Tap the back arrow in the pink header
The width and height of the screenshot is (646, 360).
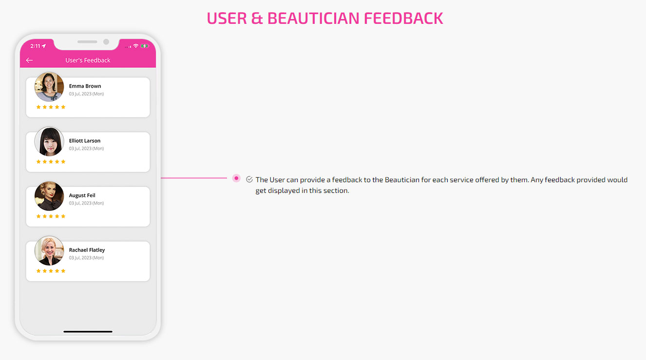click(x=29, y=60)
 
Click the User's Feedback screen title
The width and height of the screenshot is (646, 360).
click(x=88, y=60)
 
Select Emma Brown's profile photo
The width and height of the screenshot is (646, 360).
click(x=49, y=87)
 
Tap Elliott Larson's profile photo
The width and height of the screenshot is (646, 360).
click(x=49, y=141)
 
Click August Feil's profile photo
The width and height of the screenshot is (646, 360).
click(x=49, y=196)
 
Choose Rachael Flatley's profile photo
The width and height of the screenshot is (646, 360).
click(x=49, y=251)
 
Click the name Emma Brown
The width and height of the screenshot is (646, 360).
click(x=85, y=86)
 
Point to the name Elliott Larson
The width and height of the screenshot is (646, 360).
click(x=84, y=140)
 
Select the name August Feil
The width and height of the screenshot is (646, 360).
click(x=82, y=195)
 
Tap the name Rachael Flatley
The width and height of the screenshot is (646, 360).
click(x=87, y=250)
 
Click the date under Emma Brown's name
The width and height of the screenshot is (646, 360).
click(x=86, y=94)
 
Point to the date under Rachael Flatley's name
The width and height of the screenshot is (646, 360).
click(x=86, y=258)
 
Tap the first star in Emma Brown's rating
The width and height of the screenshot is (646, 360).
click(x=38, y=107)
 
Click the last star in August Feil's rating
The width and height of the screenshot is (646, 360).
click(x=63, y=216)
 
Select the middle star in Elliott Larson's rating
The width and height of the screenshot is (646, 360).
click(x=51, y=162)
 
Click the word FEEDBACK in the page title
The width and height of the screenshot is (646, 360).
click(x=403, y=18)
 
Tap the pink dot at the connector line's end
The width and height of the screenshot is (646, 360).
click(x=236, y=178)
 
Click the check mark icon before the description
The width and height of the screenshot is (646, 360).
click(x=249, y=179)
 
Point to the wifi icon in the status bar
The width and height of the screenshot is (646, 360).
click(x=135, y=46)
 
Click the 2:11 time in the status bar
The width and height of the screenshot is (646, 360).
click(x=35, y=46)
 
